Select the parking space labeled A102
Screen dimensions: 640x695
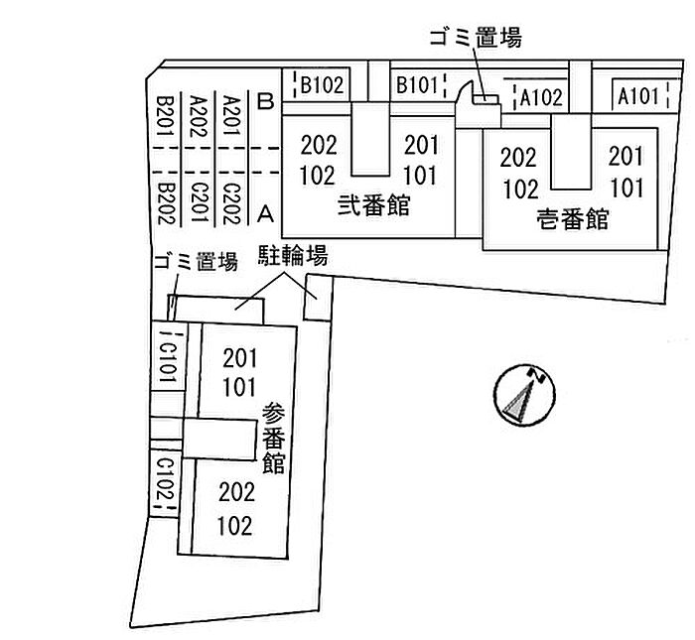(541, 97)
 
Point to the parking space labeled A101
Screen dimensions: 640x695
(637, 96)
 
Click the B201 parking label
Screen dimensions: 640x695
(165, 117)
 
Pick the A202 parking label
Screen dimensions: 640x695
(198, 117)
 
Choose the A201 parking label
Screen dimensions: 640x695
(231, 117)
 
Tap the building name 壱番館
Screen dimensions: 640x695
(570, 219)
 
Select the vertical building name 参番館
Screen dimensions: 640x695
(275, 438)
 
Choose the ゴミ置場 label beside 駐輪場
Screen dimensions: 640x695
(196, 262)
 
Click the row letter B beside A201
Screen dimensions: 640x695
(265, 101)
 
